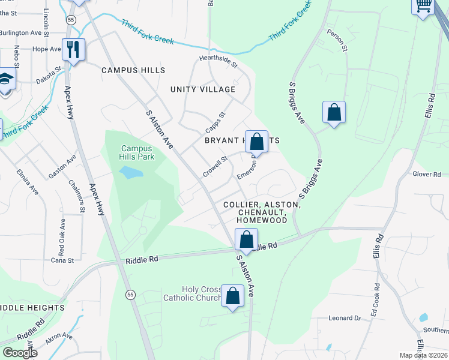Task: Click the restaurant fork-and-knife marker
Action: tap(73, 49)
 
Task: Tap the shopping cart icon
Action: tap(423, 5)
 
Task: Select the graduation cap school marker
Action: tap(6, 80)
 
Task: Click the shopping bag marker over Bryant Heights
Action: tap(256, 142)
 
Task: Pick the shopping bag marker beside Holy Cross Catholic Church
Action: tap(232, 296)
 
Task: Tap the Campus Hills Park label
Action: tap(137, 152)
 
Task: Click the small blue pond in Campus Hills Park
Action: tap(130, 173)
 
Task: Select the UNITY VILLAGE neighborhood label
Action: tap(203, 89)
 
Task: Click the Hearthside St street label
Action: tap(219, 62)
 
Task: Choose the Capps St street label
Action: tap(214, 122)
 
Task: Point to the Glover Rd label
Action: tap(427, 174)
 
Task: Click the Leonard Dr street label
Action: tap(344, 318)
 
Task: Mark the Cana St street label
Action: tap(62, 260)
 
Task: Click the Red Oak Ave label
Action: tap(62, 234)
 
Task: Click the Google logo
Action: tap(20, 352)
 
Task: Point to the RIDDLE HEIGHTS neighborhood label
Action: tap(32, 308)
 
